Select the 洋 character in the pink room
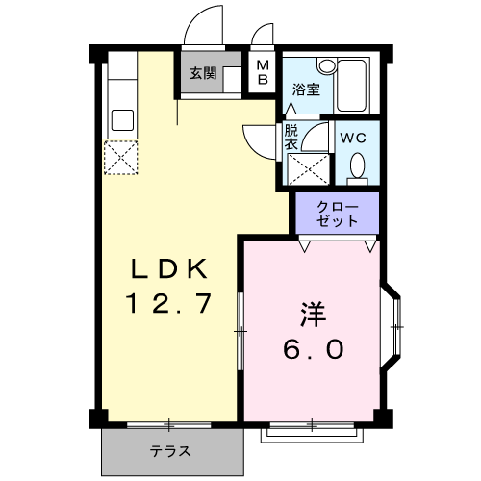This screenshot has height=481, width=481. click(x=313, y=314)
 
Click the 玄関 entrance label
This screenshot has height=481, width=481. click(x=202, y=73)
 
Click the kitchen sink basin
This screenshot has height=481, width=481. click(x=122, y=120)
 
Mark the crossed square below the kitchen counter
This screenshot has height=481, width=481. click(x=121, y=158)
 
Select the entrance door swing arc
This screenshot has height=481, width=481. click(x=203, y=24)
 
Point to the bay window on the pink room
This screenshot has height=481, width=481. click(x=394, y=328)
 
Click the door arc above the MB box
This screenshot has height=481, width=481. click(x=260, y=33)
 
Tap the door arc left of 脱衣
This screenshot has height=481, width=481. click(x=260, y=138)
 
